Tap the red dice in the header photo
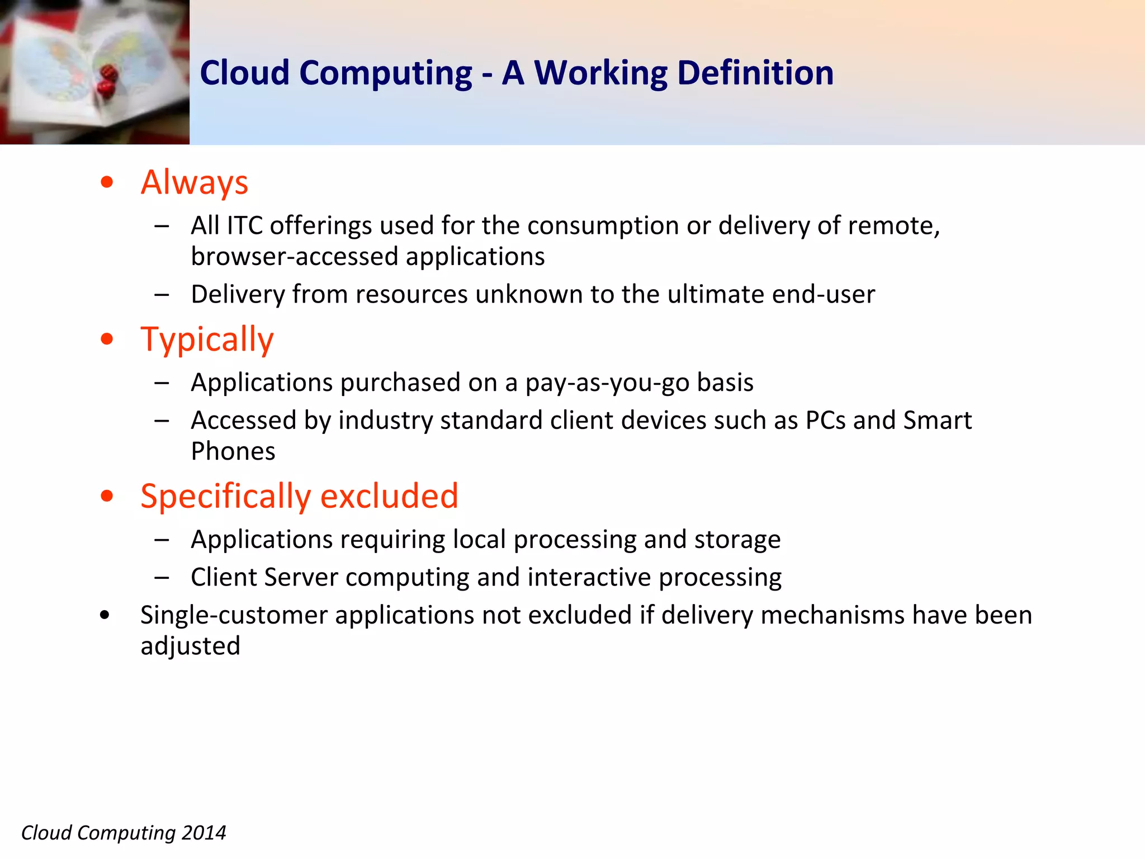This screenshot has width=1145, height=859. pos(107,80)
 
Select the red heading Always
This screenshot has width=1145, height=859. pos(194,182)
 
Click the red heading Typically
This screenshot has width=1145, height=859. pos(207,339)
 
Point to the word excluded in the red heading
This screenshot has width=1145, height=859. pos(389,496)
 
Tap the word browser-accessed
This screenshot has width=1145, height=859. pos(294,257)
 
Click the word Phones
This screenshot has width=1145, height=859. pos(233,451)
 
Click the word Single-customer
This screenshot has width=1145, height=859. pos(234,615)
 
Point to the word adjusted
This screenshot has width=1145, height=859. pos(190,646)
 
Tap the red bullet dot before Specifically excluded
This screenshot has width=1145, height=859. pos(107,496)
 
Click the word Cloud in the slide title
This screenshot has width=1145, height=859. pos(244,73)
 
